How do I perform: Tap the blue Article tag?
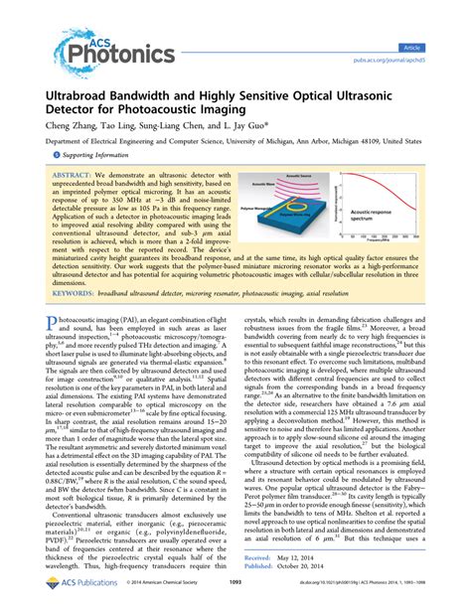[x=437, y=19]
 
